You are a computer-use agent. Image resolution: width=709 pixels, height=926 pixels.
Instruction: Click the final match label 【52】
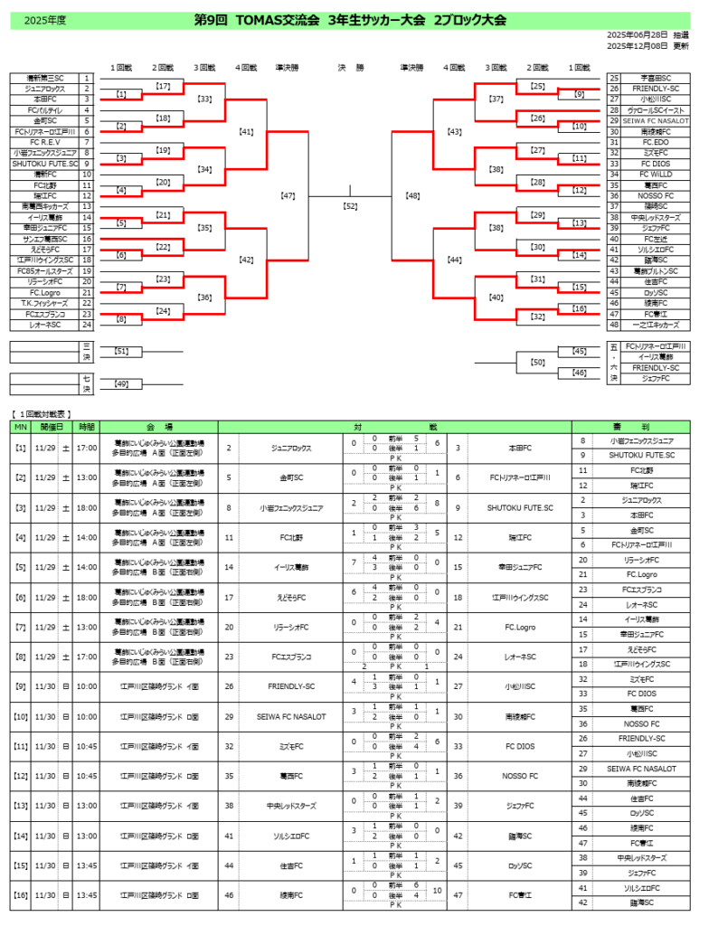[x=351, y=206]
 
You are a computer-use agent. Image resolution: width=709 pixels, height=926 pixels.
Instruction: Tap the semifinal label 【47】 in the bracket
[x=288, y=195]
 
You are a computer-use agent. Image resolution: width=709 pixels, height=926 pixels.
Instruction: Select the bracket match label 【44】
[x=454, y=260]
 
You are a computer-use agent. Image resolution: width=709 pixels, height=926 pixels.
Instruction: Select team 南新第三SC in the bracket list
[x=44, y=79]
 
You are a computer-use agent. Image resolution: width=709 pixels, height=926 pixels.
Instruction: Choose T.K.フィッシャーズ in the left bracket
[x=44, y=304]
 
